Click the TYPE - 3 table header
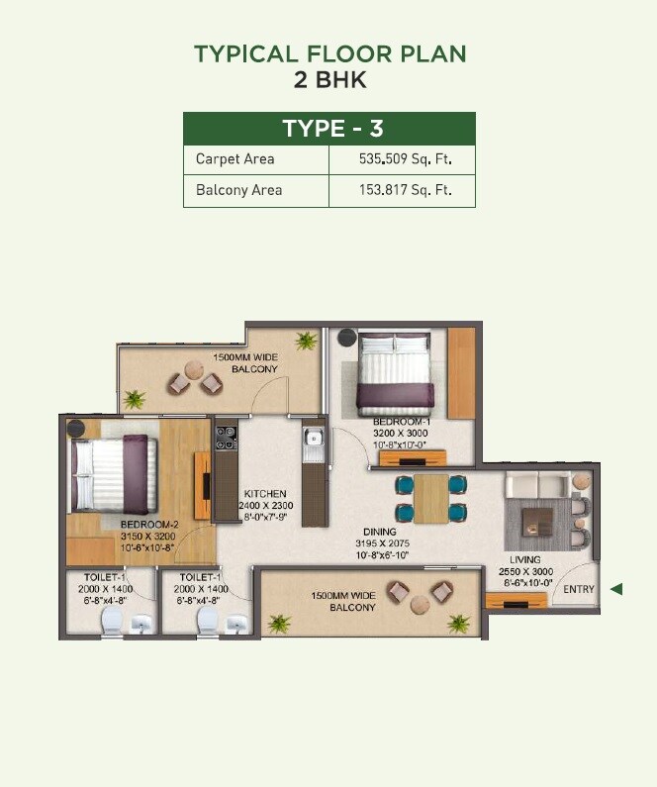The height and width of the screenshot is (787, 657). (x=328, y=129)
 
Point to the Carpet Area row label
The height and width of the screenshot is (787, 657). (x=235, y=158)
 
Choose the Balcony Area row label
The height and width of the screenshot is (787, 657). (x=238, y=190)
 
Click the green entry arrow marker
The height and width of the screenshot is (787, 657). (x=616, y=589)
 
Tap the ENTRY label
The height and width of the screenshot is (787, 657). (x=580, y=590)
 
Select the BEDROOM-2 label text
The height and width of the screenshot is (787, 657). (x=149, y=524)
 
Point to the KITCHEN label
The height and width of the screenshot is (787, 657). (x=264, y=493)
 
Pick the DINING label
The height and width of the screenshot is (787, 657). (x=381, y=533)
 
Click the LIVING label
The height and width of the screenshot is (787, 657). (x=525, y=560)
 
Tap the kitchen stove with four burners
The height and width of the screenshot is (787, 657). (x=227, y=437)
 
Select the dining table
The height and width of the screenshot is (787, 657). (x=430, y=498)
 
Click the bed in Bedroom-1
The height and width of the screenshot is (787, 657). (x=395, y=373)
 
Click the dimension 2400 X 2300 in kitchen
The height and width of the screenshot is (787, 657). (x=264, y=506)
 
